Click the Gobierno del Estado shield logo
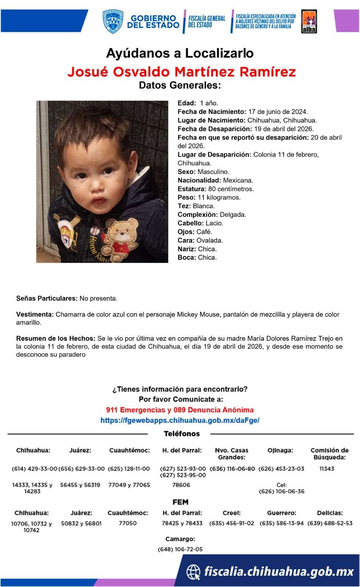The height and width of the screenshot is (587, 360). [x=113, y=22]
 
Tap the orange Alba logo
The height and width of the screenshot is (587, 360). [x=309, y=22]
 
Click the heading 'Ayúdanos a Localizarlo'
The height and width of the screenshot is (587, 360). [x=180, y=54]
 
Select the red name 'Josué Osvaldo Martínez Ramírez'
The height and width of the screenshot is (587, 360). [x=181, y=72]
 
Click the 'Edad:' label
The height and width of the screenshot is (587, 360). [x=187, y=103]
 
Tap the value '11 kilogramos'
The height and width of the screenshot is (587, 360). [x=219, y=197]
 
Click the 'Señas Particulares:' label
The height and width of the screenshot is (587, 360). [x=47, y=298]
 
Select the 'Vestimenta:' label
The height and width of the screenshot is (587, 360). [x=35, y=314]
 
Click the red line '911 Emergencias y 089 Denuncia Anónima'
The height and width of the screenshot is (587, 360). [x=180, y=410]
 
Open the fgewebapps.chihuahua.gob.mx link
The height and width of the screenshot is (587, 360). [x=180, y=420]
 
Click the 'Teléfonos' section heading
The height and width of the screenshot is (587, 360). [x=181, y=434]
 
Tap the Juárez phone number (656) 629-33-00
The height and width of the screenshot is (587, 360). [x=81, y=469]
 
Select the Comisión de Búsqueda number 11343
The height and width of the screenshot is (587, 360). [x=327, y=469]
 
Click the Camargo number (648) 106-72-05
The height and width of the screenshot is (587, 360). [x=180, y=549]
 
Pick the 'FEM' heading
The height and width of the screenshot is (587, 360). [x=180, y=502]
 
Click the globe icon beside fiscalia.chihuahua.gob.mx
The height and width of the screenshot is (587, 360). [x=193, y=572]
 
